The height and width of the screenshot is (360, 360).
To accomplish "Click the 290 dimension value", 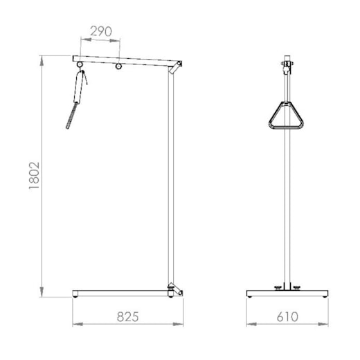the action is pyautogui.click(x=101, y=31).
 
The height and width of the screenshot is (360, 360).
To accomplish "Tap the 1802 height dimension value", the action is pyautogui.click(x=35, y=176).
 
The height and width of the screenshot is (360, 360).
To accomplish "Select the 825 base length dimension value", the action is pyautogui.click(x=127, y=316).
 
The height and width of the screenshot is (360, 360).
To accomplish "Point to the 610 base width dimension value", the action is pyautogui.click(x=287, y=316).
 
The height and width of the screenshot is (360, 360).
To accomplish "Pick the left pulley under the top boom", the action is pyautogui.click(x=80, y=64).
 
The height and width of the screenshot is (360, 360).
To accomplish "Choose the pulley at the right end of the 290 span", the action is pyautogui.click(x=118, y=66).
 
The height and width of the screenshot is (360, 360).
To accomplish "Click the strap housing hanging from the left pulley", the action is pyautogui.click(x=79, y=87).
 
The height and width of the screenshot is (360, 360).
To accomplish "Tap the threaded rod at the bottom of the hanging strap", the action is pyautogui.click(x=71, y=116).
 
